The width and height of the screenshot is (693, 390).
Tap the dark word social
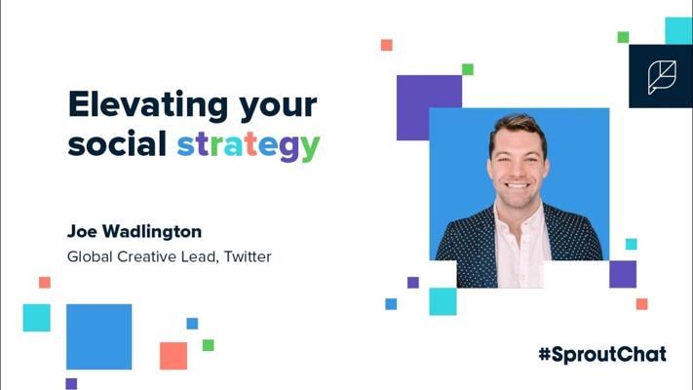point(117,143)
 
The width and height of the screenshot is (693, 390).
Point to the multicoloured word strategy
point(249,146)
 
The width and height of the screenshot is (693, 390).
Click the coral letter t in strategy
point(251,144)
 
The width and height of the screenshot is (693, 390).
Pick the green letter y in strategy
point(310,148)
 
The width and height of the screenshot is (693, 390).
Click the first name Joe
point(81,231)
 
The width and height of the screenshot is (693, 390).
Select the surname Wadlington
point(152,232)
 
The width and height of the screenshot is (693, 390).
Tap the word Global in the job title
point(90,256)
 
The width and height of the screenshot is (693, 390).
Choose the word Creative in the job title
point(147,256)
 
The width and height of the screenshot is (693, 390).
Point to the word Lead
point(200,256)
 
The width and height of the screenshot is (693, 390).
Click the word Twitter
point(248,256)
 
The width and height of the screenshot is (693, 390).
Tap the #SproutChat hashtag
point(602,355)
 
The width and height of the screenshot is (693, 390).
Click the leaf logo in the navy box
point(662,77)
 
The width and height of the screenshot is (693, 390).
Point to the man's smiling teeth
point(517,185)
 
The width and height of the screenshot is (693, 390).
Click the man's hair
point(518,127)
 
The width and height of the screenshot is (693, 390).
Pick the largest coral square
point(173,356)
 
